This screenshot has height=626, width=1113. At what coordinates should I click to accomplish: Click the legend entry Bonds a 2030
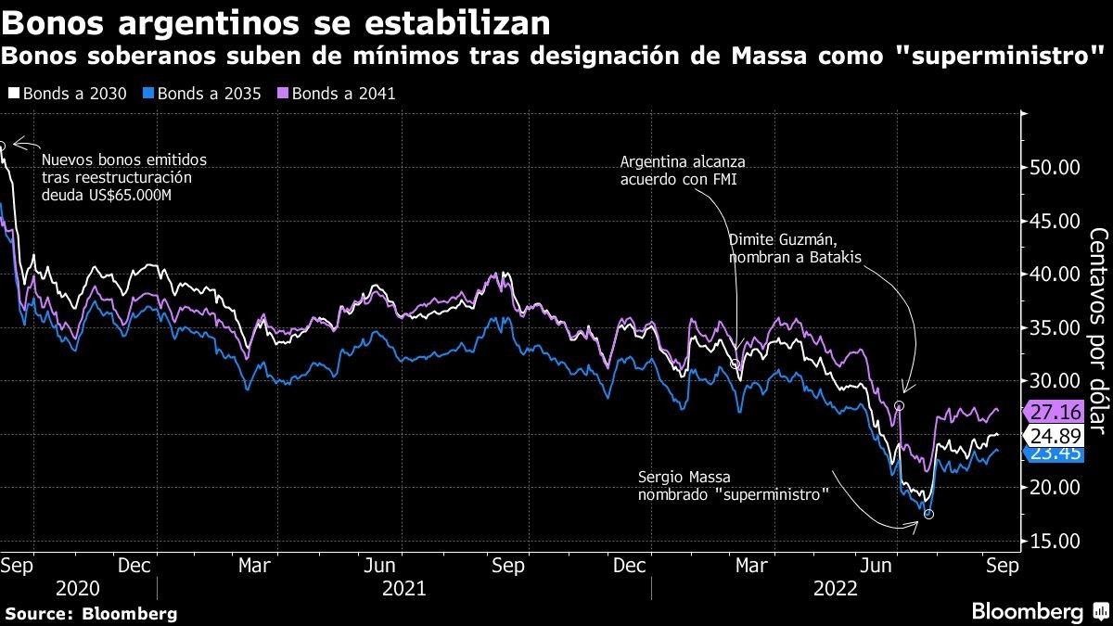[x=64, y=94]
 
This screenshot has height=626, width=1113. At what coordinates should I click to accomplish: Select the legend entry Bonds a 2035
[x=202, y=94]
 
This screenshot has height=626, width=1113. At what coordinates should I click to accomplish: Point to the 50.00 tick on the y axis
[x=1054, y=168]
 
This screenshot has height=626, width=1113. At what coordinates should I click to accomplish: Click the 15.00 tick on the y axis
[x=1054, y=542]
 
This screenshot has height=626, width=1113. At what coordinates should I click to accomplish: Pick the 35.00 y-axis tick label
[x=1054, y=328]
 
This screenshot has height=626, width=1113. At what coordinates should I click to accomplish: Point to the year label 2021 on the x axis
[x=403, y=588]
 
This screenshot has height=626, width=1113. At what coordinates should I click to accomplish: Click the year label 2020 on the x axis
[x=78, y=588]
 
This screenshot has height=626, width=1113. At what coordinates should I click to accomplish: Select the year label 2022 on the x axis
[x=834, y=588]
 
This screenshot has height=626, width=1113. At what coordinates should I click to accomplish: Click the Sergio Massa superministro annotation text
[x=733, y=486]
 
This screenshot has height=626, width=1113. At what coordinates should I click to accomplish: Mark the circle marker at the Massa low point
[x=928, y=515]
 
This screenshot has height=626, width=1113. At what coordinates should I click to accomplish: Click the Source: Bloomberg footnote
[x=90, y=613]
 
